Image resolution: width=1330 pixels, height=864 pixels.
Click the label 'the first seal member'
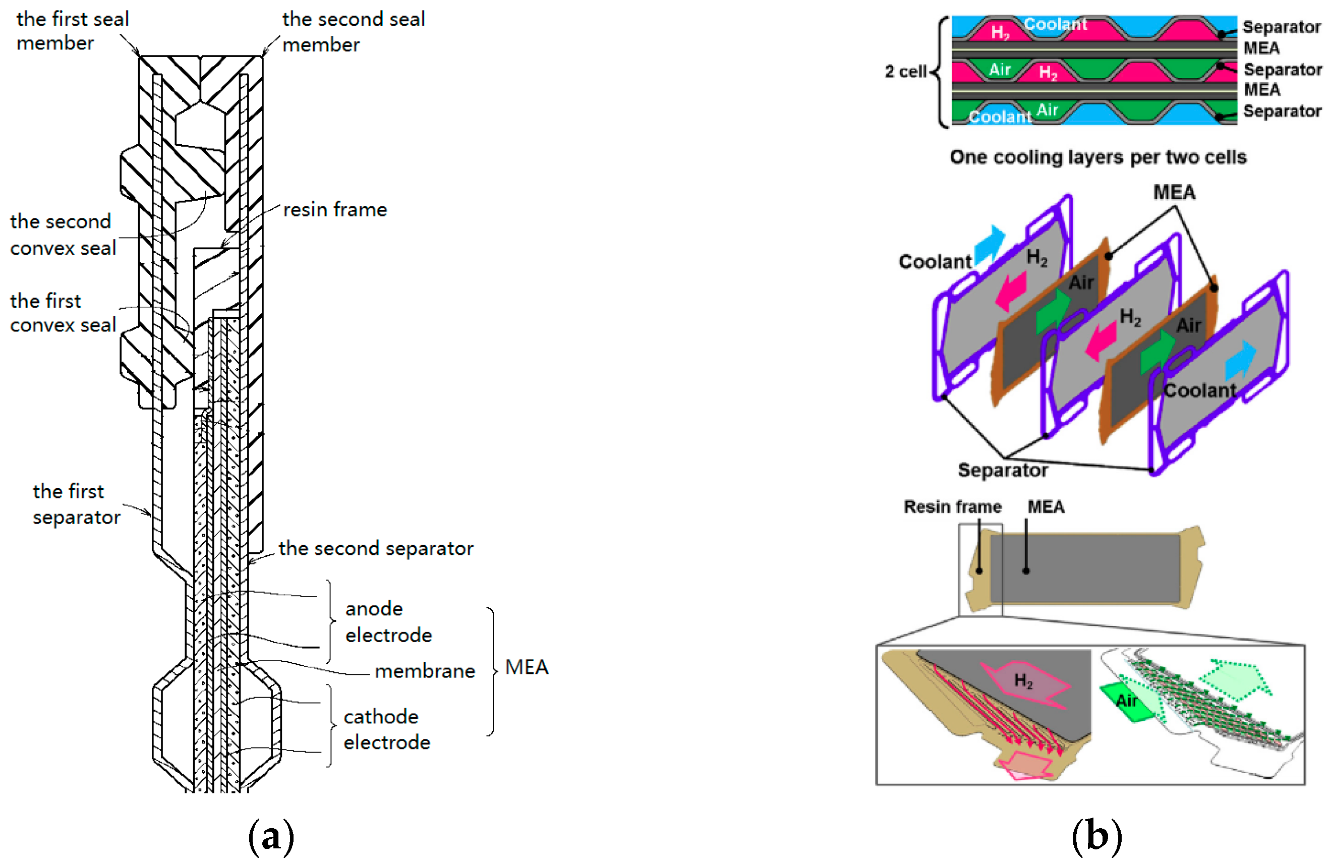(72, 31)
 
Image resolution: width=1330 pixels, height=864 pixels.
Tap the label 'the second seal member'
(353, 31)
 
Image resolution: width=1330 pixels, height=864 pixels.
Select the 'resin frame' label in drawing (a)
(335, 210)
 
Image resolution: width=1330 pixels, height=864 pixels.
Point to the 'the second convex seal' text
(63, 235)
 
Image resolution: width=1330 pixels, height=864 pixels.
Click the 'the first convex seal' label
(63, 313)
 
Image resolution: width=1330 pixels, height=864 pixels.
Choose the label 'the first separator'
(76, 504)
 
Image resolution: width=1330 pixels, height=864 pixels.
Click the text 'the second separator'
(376, 548)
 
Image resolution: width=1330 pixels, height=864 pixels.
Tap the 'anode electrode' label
(388, 621)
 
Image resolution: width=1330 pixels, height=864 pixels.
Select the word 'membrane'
(425, 671)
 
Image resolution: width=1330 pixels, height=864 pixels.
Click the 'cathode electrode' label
(387, 729)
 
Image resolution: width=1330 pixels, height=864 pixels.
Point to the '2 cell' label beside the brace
(905, 72)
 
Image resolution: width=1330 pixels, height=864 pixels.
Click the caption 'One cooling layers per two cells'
(1097, 157)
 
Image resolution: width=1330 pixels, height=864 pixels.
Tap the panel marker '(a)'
(271, 837)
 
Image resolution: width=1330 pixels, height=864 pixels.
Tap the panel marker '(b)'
(1096, 837)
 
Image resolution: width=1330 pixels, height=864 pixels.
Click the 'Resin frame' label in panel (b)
(952, 507)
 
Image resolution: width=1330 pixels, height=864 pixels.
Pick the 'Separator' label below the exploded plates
(1003, 470)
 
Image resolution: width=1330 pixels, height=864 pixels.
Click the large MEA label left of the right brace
(527, 667)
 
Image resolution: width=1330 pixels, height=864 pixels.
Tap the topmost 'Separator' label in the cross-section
(1281, 27)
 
